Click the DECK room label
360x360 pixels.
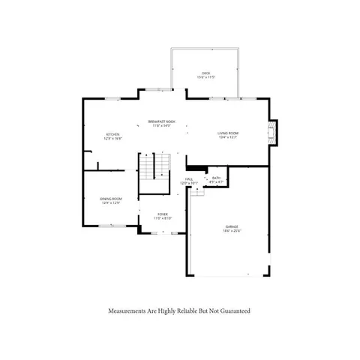point(205,73)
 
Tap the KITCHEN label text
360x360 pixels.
point(112,134)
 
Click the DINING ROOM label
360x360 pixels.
point(110,198)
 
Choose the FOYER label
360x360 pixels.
point(162,214)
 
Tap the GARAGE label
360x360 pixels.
point(232,226)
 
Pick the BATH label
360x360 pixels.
point(216,177)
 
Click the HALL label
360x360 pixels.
point(189,178)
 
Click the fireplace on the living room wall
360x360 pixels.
point(274,133)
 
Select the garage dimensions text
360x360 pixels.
point(232,230)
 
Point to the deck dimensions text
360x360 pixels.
point(205,77)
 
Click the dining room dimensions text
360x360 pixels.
point(110,202)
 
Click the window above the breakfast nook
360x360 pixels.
point(157,89)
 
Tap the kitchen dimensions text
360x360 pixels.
point(112,139)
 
